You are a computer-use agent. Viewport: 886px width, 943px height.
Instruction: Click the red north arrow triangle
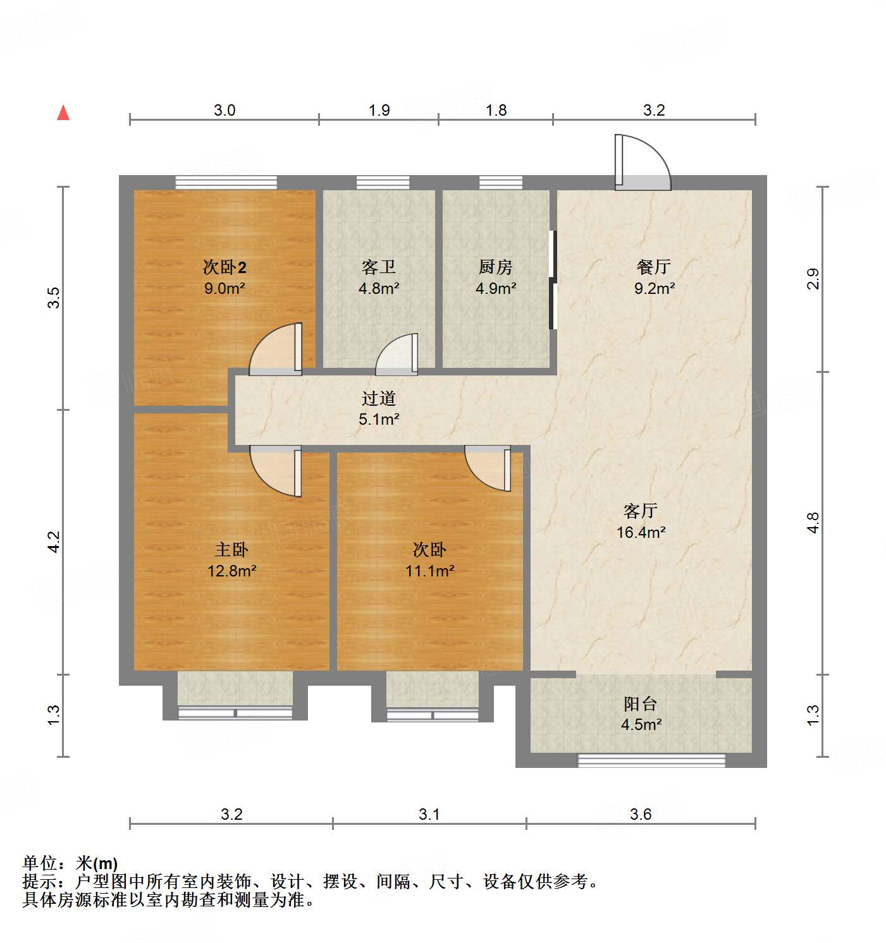click(x=63, y=113)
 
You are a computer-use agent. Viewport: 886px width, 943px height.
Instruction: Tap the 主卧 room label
click(x=231, y=549)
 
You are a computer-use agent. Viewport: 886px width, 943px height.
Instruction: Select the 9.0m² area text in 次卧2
click(x=225, y=288)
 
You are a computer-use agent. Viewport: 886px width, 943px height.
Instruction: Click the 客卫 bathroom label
click(x=379, y=267)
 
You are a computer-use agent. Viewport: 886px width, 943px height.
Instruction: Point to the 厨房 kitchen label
click(x=495, y=267)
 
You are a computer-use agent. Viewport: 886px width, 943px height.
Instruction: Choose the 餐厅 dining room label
click(x=654, y=267)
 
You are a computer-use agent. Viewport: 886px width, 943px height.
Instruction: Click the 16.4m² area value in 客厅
click(x=641, y=532)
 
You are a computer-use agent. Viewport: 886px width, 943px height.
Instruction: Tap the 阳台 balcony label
click(x=641, y=703)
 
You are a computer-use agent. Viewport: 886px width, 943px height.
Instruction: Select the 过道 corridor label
click(x=379, y=398)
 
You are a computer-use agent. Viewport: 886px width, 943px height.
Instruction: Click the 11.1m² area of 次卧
click(x=429, y=571)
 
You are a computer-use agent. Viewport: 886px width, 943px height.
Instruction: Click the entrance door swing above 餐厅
click(x=642, y=163)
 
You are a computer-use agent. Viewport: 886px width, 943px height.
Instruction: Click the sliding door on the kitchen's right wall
click(x=553, y=280)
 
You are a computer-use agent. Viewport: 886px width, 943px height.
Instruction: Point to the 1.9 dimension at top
click(x=379, y=110)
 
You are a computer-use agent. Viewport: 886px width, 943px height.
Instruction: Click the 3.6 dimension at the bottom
click(x=641, y=814)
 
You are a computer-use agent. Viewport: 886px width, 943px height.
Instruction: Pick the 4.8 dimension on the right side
click(x=813, y=523)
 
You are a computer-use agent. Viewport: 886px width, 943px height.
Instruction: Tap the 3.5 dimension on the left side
click(x=54, y=298)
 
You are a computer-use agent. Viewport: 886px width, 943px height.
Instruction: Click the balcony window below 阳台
click(x=651, y=760)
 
